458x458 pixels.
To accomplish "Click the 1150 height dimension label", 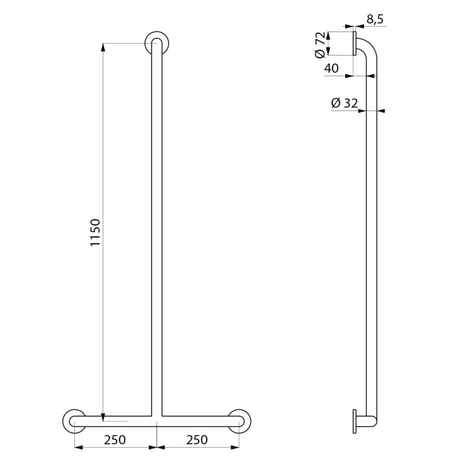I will coord(96,232).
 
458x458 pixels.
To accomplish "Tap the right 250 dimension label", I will coord(197,440).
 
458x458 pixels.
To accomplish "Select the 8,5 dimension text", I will coord(375,19).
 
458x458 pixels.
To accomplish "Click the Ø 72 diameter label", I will coord(320,45).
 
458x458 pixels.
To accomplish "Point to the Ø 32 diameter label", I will coord(345,103).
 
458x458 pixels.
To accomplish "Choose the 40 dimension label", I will coord(331,68).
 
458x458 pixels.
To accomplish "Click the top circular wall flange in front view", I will coord(156,42).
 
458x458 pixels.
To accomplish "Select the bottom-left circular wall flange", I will coord(74,421).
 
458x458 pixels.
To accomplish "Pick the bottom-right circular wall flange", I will coord(239,421).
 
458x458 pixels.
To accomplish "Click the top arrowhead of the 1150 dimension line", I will coord(103,47).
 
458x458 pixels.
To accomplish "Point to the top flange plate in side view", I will coord(354,44).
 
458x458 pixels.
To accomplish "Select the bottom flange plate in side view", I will coord(354,421).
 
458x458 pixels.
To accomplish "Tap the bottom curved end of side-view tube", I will coord(373,421).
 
